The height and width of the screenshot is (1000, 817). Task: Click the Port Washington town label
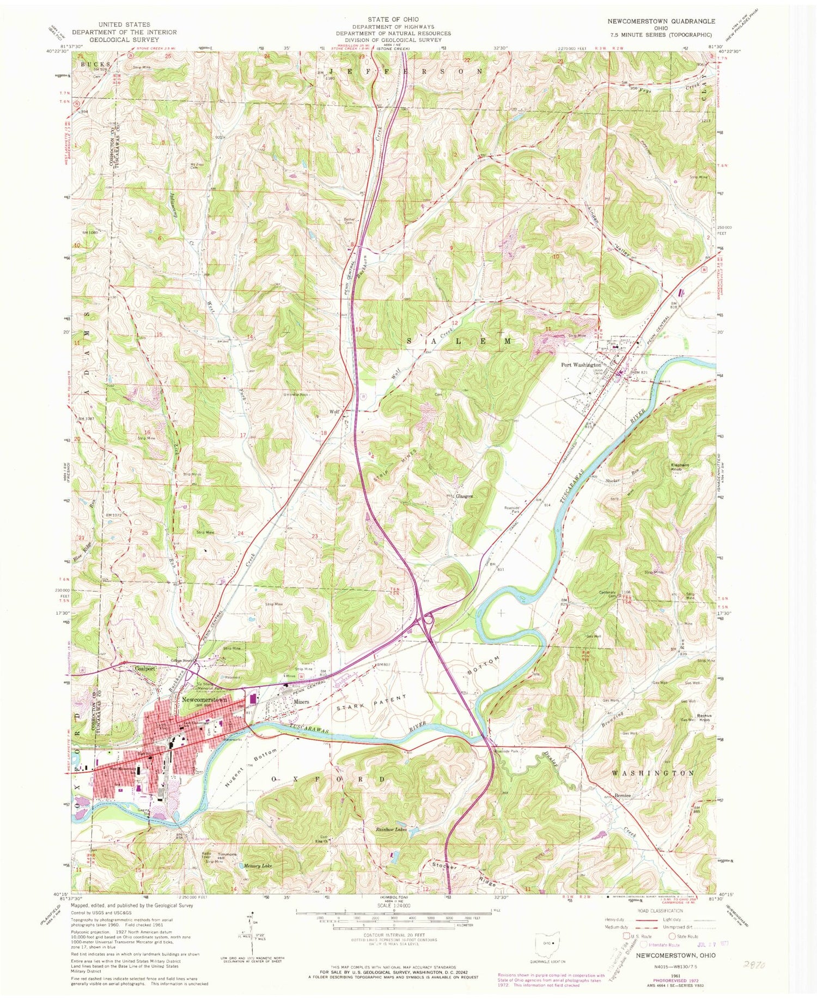click(x=581, y=365)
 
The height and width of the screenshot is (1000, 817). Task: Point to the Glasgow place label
click(x=464, y=496)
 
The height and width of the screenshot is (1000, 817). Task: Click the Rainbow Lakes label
click(x=391, y=829)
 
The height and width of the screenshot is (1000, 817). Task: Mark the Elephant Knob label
click(x=679, y=467)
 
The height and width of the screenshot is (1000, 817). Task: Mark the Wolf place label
click(x=334, y=412)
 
